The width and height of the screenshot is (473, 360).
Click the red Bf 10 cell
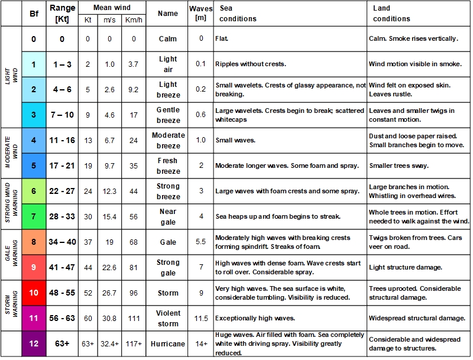coord(33,293)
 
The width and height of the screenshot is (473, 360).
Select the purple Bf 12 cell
coord(33,343)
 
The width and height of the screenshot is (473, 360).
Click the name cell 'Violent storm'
coord(168,318)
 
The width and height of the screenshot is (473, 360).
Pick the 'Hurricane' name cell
coord(168,343)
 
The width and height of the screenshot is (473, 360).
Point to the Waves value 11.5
coord(201,318)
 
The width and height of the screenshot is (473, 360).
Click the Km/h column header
coord(134,20)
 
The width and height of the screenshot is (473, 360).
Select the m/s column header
coord(110,20)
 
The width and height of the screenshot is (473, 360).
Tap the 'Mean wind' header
coord(112,8)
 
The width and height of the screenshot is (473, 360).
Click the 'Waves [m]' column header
coord(201,13)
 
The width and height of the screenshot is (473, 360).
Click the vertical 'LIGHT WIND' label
coord(8,77)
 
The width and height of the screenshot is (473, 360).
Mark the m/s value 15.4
coord(110,216)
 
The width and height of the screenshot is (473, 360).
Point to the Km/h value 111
coord(134,318)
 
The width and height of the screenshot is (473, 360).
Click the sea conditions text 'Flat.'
coord(222,39)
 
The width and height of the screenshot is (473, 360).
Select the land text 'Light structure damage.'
coord(405,267)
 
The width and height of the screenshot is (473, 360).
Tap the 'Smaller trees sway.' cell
coord(399,166)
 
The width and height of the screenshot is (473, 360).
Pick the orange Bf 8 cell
coord(33,242)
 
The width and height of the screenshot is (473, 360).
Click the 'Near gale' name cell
coord(168,216)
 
